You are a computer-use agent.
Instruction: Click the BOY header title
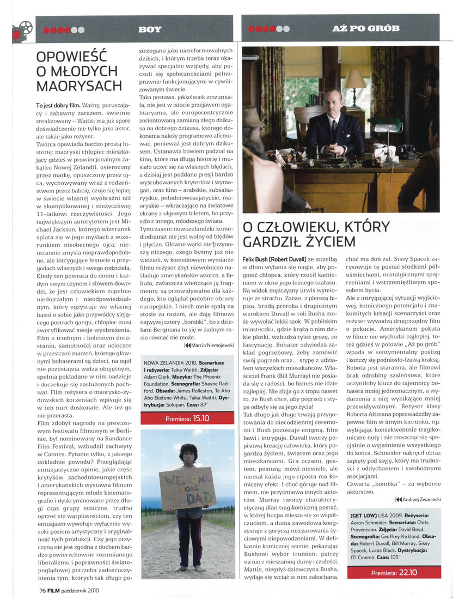pos(150,29)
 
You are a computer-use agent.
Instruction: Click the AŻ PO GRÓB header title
pos(365,28)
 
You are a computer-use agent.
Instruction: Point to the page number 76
pos(43,589)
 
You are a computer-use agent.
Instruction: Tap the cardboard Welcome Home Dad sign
pos(187,487)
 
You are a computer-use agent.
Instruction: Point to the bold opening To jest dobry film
pos(58,104)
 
